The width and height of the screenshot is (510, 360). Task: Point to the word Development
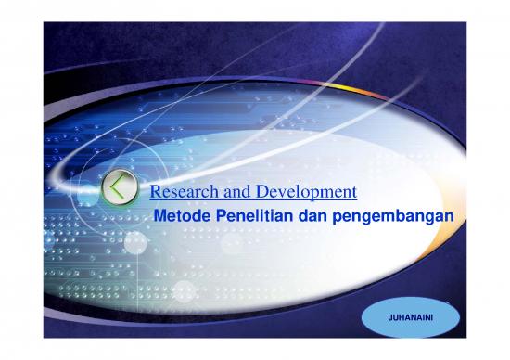(302, 193)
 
